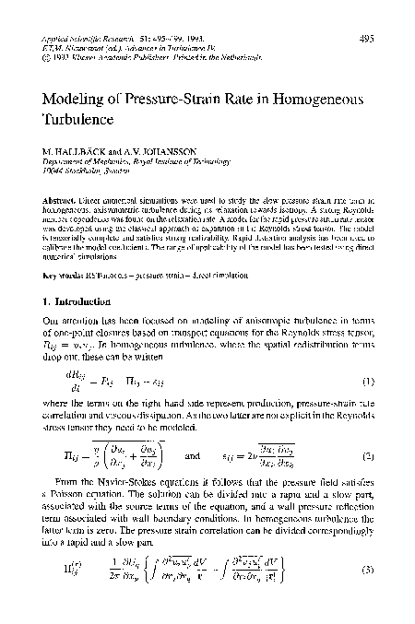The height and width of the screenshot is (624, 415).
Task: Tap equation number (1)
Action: (365, 382)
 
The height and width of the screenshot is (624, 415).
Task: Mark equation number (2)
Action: (365, 456)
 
